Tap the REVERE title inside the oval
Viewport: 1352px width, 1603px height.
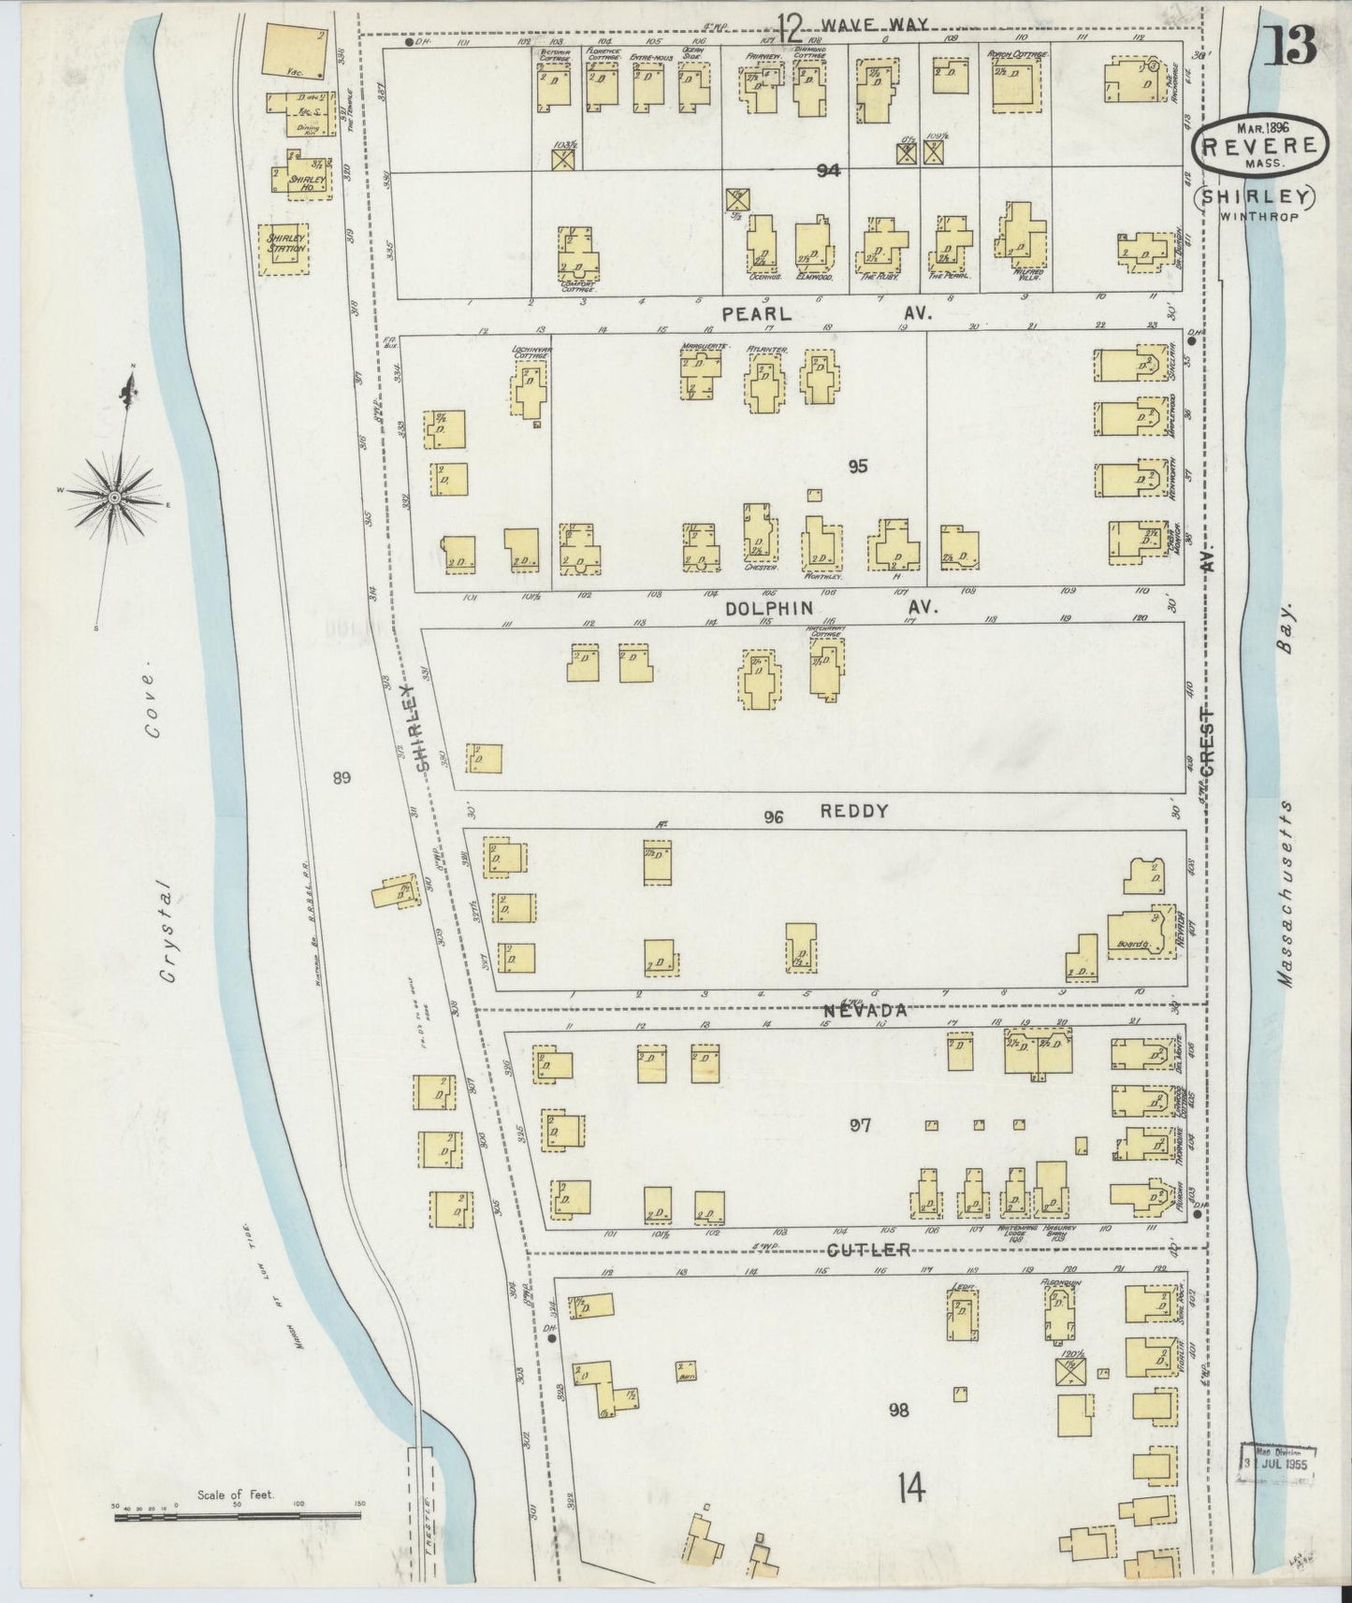[1260, 146]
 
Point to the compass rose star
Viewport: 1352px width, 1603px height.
[114, 498]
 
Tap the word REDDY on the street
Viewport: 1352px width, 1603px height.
[853, 811]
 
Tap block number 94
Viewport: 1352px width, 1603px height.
[828, 170]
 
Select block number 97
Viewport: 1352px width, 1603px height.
[860, 1125]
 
